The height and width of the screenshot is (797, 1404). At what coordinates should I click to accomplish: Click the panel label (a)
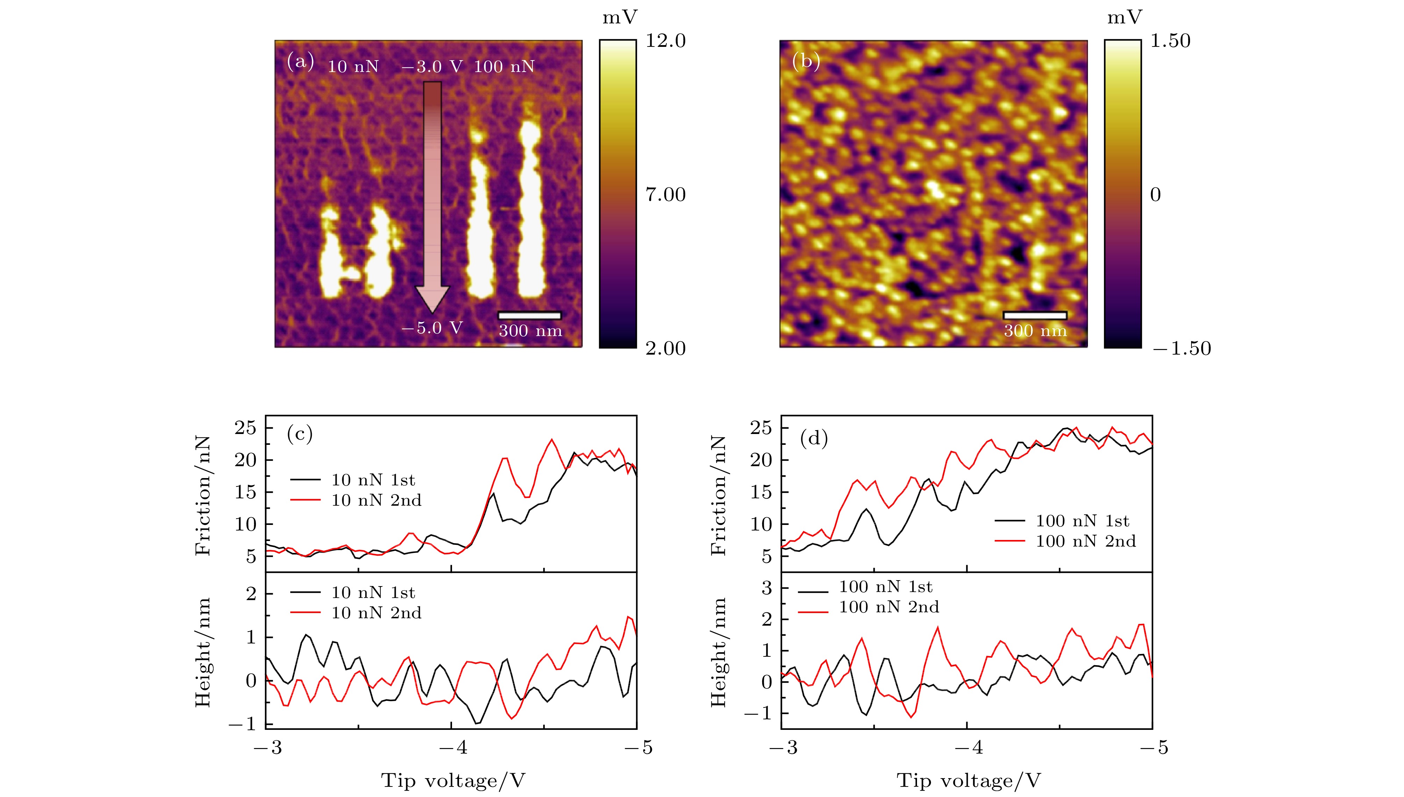click(x=300, y=61)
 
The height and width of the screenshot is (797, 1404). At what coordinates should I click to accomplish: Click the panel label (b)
click(x=806, y=61)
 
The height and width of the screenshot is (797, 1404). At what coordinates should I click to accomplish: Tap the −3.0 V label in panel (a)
click(x=432, y=67)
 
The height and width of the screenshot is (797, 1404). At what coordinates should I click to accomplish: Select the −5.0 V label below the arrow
click(x=432, y=328)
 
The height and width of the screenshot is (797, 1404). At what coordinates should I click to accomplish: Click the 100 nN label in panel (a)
click(x=504, y=67)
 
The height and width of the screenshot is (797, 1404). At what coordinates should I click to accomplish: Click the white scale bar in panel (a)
click(x=530, y=315)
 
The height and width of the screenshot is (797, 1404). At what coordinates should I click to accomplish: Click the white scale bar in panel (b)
click(x=1035, y=315)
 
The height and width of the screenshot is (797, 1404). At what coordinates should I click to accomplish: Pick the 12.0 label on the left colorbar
click(x=665, y=41)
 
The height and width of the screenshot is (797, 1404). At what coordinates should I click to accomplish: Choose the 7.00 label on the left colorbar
click(x=665, y=194)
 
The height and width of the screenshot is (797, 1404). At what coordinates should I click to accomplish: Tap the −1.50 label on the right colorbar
click(x=1182, y=348)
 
